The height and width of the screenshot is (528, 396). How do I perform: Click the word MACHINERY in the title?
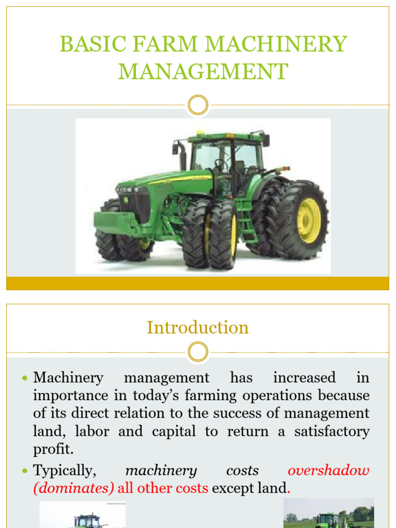278,44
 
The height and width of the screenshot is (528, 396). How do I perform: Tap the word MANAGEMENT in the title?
203,71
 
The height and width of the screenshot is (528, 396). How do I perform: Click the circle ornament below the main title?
198,105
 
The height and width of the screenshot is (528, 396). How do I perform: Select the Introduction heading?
198,327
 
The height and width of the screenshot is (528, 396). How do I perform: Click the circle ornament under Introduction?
198,353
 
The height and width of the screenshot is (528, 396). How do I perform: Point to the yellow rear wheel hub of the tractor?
308,221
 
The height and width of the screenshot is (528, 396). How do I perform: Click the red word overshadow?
328,471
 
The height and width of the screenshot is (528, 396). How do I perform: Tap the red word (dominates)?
74,488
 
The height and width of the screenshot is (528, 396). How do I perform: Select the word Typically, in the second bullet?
64,471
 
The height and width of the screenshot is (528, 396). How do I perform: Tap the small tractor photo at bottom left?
82,515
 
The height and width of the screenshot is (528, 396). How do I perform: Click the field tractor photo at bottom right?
328,514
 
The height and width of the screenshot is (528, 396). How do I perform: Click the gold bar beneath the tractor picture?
198,283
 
